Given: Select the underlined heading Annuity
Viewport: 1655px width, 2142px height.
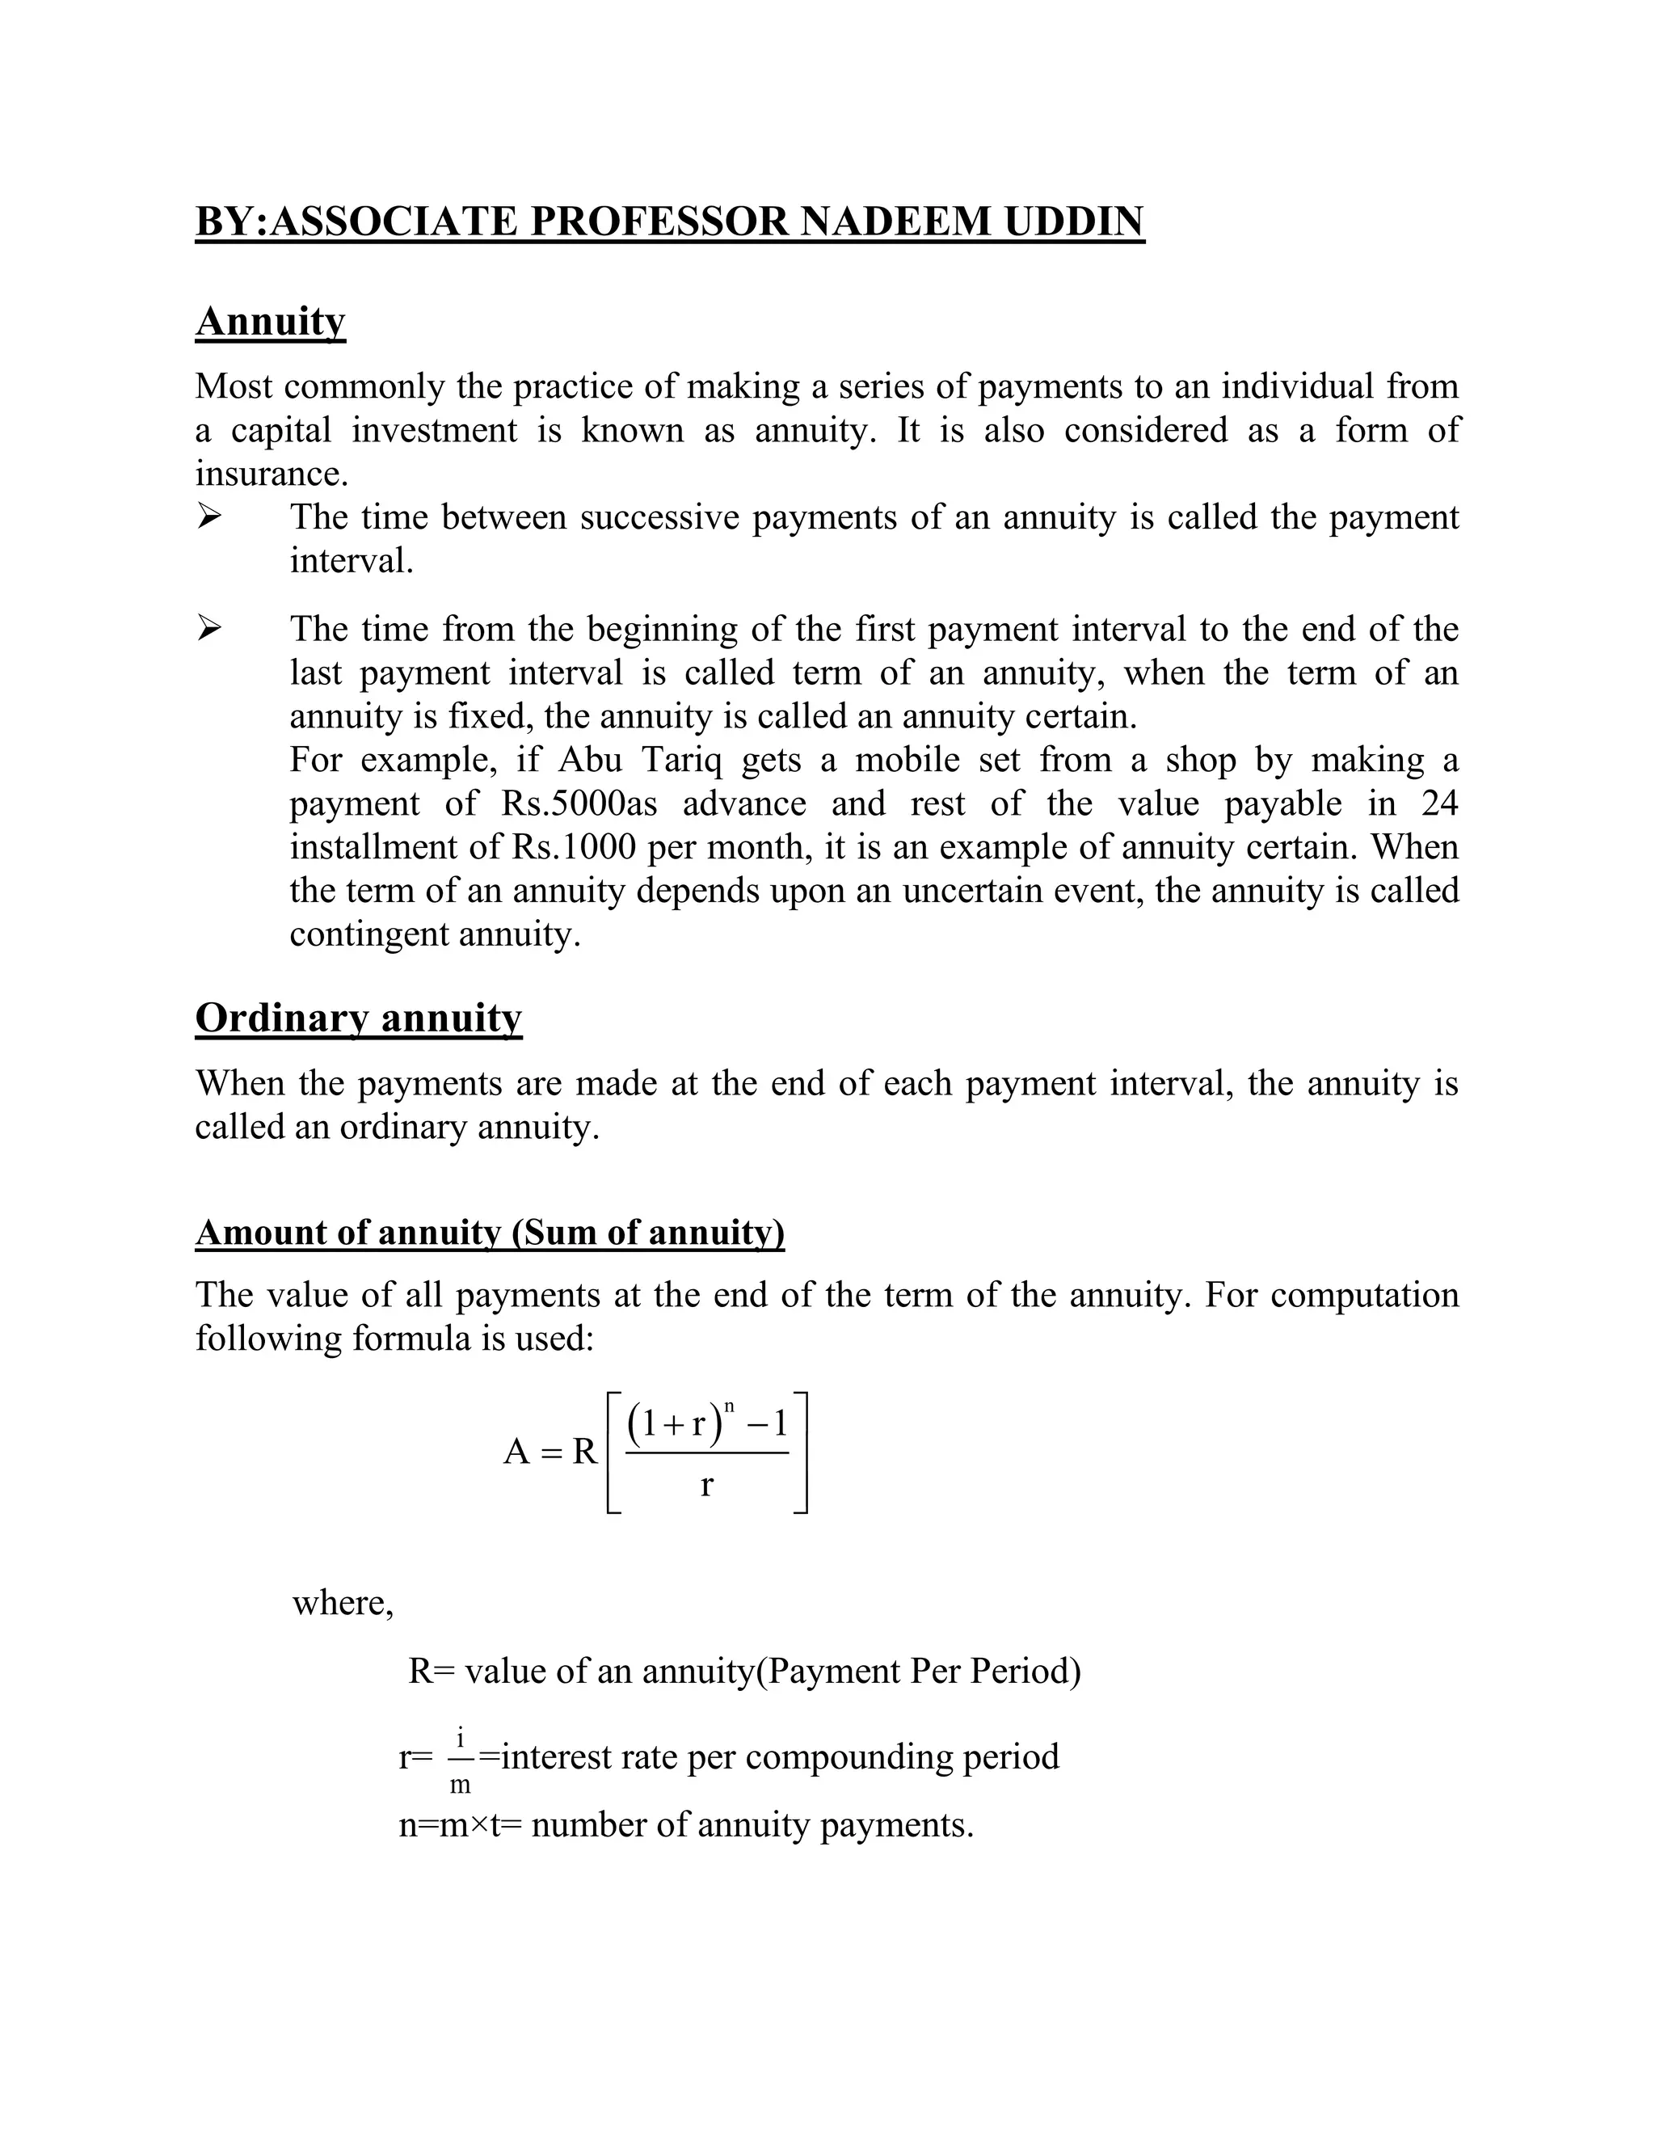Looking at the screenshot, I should click(271, 321).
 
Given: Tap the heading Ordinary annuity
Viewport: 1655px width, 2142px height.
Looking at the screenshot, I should click(358, 1017).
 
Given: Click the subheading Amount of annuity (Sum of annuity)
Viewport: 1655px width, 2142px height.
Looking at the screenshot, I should click(489, 1232).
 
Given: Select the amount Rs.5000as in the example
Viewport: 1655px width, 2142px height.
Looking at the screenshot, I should click(579, 803).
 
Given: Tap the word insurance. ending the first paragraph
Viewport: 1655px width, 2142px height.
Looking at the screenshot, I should click(272, 474).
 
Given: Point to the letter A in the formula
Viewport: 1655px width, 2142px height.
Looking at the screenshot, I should click(516, 1452).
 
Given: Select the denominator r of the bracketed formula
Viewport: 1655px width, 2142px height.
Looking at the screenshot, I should click(707, 1485).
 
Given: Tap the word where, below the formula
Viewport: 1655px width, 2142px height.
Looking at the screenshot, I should click(342, 1601).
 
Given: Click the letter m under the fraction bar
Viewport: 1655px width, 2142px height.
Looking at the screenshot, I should click(460, 1784).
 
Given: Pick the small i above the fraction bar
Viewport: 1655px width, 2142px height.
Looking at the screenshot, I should click(460, 1737).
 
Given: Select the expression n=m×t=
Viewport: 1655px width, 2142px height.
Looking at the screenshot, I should click(460, 1824).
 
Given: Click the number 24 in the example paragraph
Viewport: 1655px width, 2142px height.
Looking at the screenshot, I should click(1438, 803).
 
